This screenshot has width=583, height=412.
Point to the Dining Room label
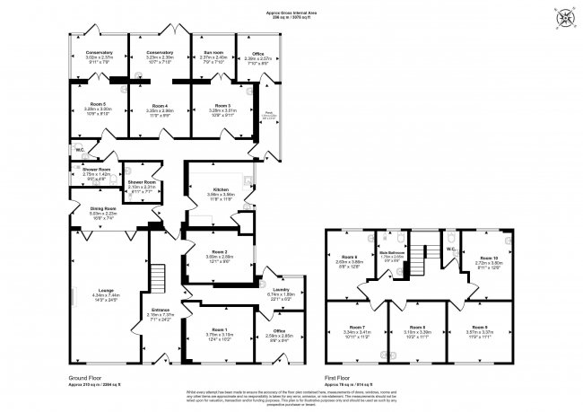[103, 208]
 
